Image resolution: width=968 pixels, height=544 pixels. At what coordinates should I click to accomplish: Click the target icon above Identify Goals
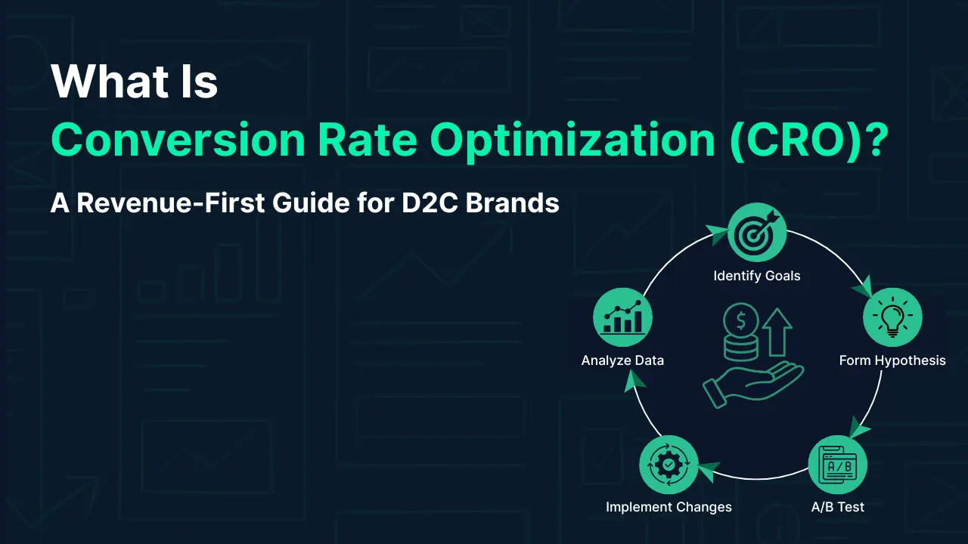757,233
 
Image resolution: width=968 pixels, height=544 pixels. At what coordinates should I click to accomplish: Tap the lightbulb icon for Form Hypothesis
892,317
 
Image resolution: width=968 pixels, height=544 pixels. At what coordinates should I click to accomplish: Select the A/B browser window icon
837,466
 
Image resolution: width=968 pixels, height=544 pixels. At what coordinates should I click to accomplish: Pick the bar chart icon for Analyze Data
622,317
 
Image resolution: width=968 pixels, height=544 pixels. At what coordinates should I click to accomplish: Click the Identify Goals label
756,276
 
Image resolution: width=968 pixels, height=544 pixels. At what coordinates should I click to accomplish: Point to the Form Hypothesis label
892,360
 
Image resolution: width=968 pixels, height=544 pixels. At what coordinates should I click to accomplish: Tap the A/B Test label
837,507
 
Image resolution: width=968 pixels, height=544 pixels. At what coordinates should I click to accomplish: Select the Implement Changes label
669,507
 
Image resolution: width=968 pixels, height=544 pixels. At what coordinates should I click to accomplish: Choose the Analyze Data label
622,360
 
